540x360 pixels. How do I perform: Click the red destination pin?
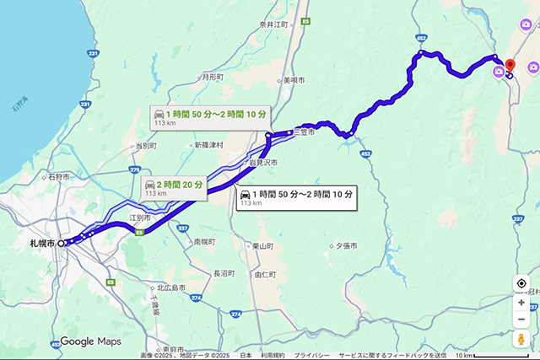[x=510, y=66]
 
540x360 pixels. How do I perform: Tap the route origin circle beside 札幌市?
[x=62, y=244]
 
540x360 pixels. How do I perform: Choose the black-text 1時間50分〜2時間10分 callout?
[x=295, y=198]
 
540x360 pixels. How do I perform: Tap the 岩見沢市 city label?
[x=262, y=162]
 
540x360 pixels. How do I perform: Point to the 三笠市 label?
[x=304, y=132]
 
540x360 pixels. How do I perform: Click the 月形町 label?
[x=213, y=77]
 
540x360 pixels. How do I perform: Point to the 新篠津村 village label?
[x=208, y=145]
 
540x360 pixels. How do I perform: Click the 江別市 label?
[x=140, y=218]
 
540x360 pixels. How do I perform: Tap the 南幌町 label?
[x=203, y=241]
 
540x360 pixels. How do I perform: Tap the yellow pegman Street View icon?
[x=522, y=339]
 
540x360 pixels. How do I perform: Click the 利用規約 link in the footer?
[x=273, y=356]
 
